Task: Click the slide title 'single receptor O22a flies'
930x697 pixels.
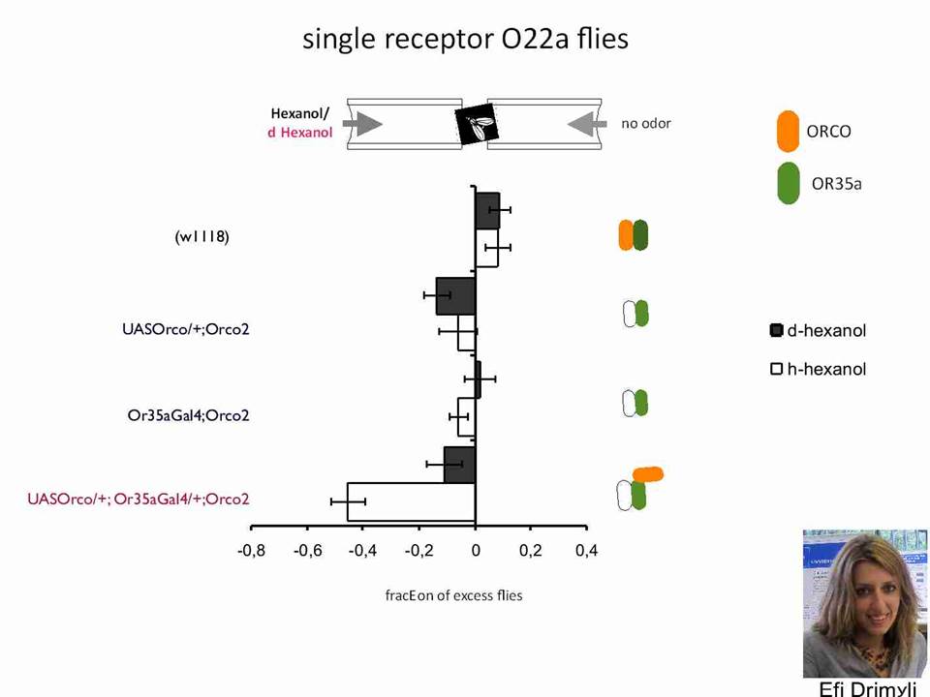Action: point(465,40)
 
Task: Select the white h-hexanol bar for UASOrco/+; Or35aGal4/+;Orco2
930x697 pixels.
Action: point(411,502)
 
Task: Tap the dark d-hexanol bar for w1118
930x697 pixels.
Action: point(487,210)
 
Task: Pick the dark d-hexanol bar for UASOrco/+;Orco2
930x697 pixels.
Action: point(455,296)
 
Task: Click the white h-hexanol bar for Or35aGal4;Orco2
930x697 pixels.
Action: point(466,416)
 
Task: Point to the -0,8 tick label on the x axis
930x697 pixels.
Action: point(252,551)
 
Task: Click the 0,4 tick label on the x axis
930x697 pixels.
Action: point(587,551)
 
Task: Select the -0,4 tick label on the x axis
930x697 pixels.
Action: point(363,551)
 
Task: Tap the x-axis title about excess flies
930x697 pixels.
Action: point(453,595)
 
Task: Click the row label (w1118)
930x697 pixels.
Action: point(201,237)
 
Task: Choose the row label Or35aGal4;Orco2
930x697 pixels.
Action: point(189,415)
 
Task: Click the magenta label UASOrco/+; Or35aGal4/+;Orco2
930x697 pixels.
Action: point(139,500)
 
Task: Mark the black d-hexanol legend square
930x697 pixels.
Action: point(776,330)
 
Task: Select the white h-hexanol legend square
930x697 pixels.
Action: point(776,369)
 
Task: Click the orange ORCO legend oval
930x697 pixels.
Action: point(788,131)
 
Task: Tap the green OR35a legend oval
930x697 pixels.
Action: point(788,183)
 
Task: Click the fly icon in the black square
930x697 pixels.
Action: point(478,125)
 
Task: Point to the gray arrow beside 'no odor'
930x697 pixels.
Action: point(587,124)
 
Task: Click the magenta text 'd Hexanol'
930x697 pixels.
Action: point(300,133)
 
